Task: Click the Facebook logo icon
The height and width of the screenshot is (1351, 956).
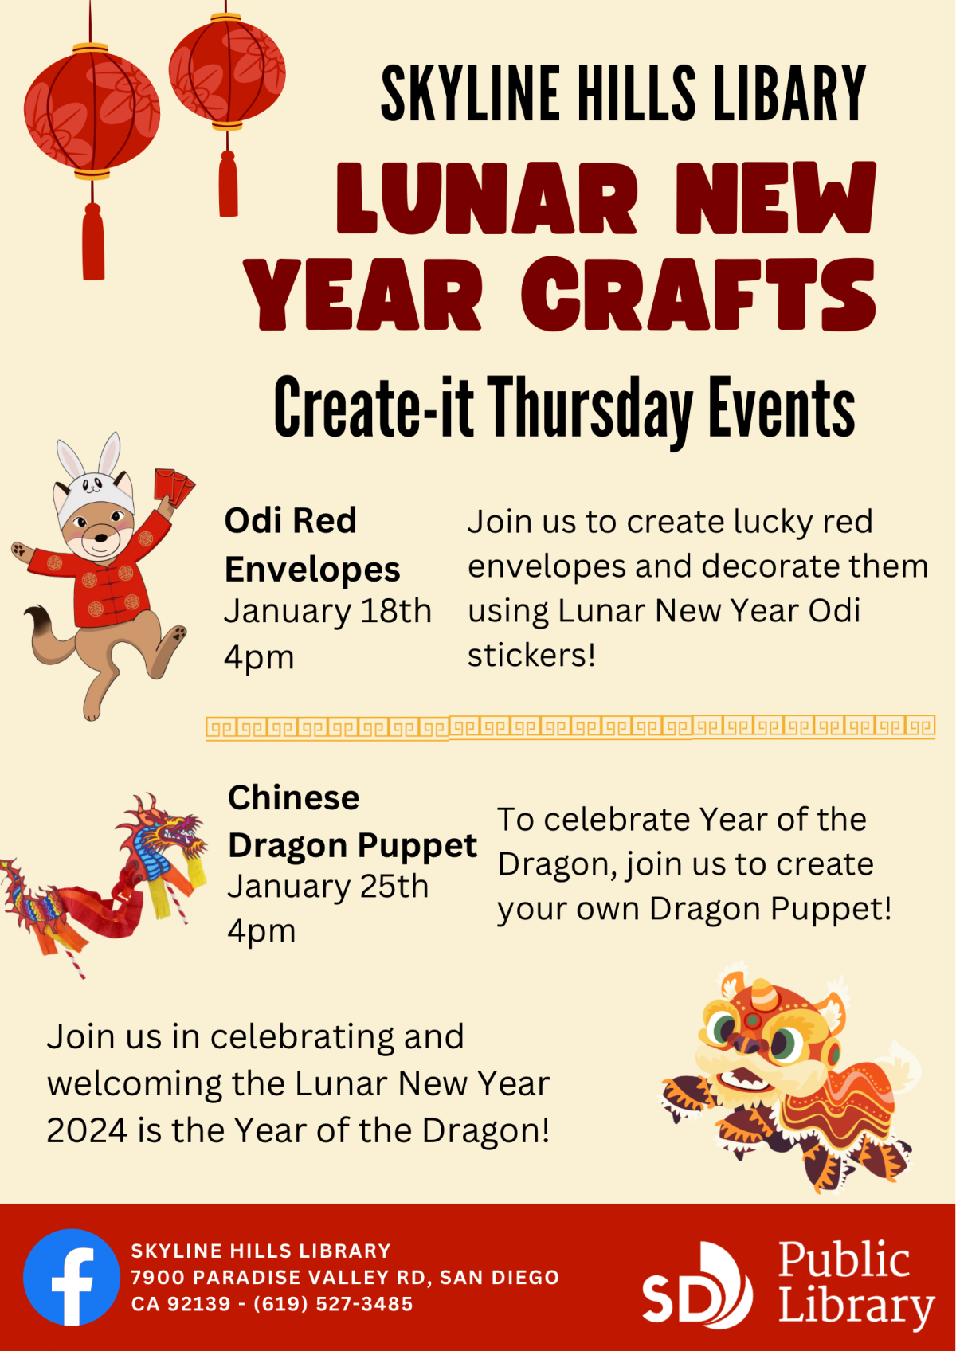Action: click(72, 1277)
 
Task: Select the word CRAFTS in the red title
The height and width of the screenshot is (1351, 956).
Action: click(699, 295)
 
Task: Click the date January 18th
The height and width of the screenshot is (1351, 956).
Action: click(327, 612)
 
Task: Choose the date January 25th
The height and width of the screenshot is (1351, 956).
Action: click(327, 887)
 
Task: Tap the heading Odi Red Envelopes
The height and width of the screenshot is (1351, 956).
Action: click(311, 545)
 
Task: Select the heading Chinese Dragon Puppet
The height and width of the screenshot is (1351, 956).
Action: click(351, 821)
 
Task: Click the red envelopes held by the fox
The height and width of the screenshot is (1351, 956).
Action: click(174, 484)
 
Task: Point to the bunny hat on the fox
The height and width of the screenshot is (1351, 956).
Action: click(93, 478)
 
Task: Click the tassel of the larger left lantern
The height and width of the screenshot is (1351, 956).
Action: click(93, 242)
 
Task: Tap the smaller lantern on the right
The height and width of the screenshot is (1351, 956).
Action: click(227, 72)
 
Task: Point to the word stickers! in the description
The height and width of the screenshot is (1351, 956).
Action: click(531, 656)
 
